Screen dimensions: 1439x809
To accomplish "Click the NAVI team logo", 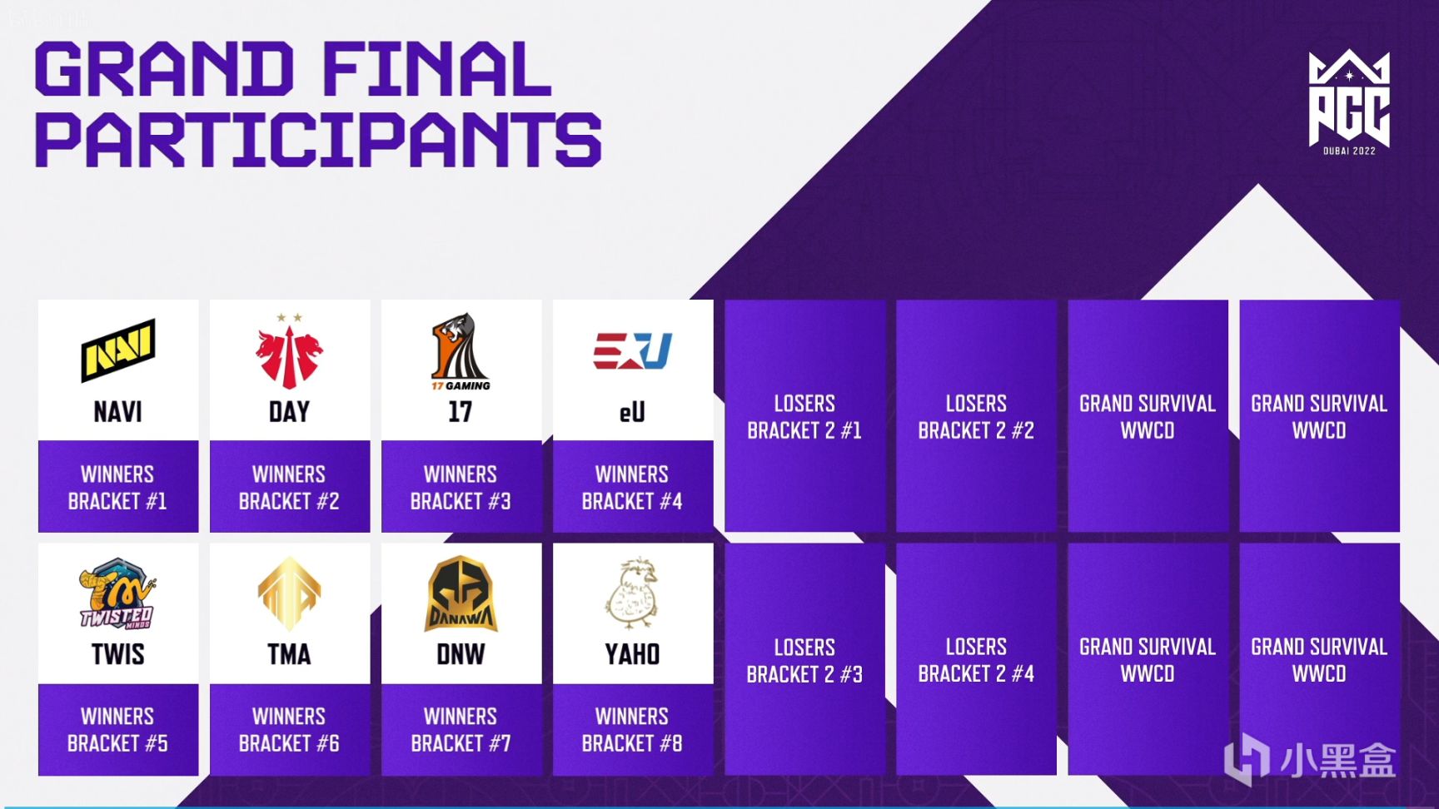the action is point(117,350).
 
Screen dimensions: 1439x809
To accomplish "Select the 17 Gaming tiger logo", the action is point(461,351).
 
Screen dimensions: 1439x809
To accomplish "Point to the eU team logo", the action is point(632,350).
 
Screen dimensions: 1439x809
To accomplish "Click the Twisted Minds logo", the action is point(117,593).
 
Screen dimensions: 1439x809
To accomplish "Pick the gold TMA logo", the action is point(289,593).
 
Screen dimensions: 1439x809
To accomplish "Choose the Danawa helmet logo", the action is point(461,593).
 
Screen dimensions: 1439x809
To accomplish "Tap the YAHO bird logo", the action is point(632,593).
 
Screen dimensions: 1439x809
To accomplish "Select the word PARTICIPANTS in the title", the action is point(318,140).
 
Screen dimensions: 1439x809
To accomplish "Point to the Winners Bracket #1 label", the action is point(117,488).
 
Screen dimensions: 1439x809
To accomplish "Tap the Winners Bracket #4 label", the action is point(632,488).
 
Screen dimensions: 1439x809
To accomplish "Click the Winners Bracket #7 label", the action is point(461,730).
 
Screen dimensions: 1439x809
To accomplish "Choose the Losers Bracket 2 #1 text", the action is point(804,417).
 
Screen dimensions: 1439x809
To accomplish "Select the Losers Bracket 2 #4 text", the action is point(976,660).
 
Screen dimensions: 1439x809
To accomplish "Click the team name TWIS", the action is point(117,654).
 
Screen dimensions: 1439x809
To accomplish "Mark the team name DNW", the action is point(461,654).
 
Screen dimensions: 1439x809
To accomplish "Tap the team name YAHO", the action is point(632,654).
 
